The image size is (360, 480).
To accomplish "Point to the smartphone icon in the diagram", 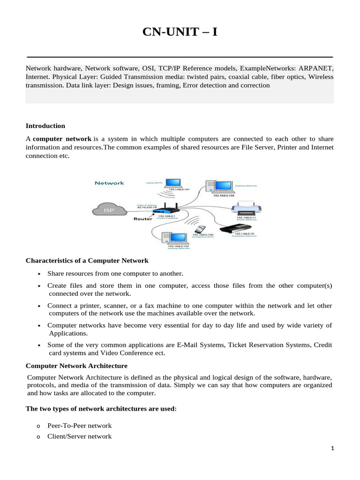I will coord(200,230).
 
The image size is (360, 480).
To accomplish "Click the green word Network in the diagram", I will coord(109,183).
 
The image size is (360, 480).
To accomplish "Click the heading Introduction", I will coord(45,126).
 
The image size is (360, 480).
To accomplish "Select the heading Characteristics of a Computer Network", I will coord(87,261).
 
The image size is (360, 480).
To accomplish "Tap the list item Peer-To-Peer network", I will coord(79,426).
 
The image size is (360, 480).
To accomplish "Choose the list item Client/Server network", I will coord(79,436).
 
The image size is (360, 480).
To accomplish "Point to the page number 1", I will coord(332,449).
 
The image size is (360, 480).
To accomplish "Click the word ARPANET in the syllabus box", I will coord(316,68).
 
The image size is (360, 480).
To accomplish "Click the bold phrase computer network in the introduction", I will coord(62,139).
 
